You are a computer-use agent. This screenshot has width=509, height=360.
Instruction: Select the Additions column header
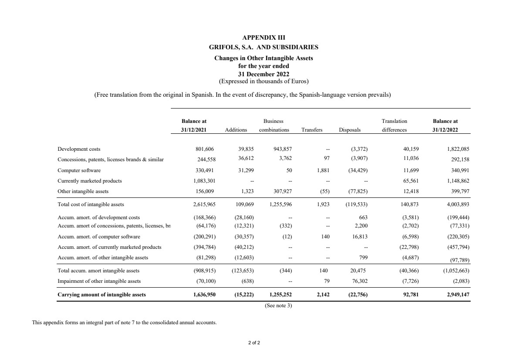[x=236, y=130]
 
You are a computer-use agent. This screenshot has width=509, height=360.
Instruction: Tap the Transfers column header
[x=312, y=130]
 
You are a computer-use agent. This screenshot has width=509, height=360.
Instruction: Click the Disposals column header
[x=350, y=130]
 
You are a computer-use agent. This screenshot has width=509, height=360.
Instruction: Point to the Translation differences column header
[x=394, y=126]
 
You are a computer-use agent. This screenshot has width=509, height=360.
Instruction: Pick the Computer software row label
[x=79, y=170]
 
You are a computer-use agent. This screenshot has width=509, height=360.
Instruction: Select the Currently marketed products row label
[x=90, y=180]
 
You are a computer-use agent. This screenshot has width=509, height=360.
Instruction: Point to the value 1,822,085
[x=457, y=149]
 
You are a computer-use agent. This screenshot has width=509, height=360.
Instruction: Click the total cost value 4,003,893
[x=457, y=204]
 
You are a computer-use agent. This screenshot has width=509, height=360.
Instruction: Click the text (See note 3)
[x=278, y=306]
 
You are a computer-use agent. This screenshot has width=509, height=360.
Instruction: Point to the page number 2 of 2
[x=254, y=343]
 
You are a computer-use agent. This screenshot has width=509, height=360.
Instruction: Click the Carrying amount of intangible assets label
[x=102, y=295]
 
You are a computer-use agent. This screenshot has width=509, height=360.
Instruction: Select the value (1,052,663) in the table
[x=455, y=271]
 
